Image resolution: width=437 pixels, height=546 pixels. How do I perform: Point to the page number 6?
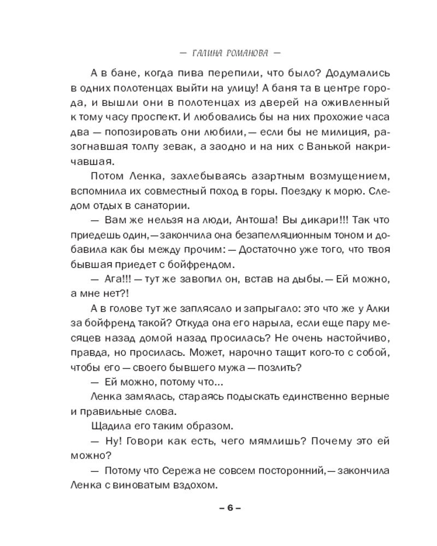(x=230, y=507)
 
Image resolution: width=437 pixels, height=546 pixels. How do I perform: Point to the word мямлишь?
(x=247, y=440)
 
